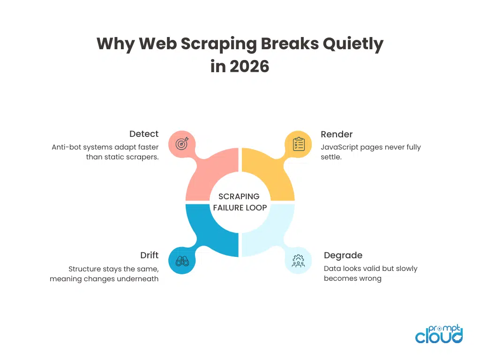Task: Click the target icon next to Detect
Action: click(181, 144)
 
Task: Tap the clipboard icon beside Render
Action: click(299, 144)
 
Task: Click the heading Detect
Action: click(144, 134)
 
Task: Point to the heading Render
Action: click(336, 134)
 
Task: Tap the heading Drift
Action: click(149, 255)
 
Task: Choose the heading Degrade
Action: click(343, 255)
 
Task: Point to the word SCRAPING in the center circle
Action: click(239, 197)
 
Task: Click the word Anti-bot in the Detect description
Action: click(66, 147)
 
